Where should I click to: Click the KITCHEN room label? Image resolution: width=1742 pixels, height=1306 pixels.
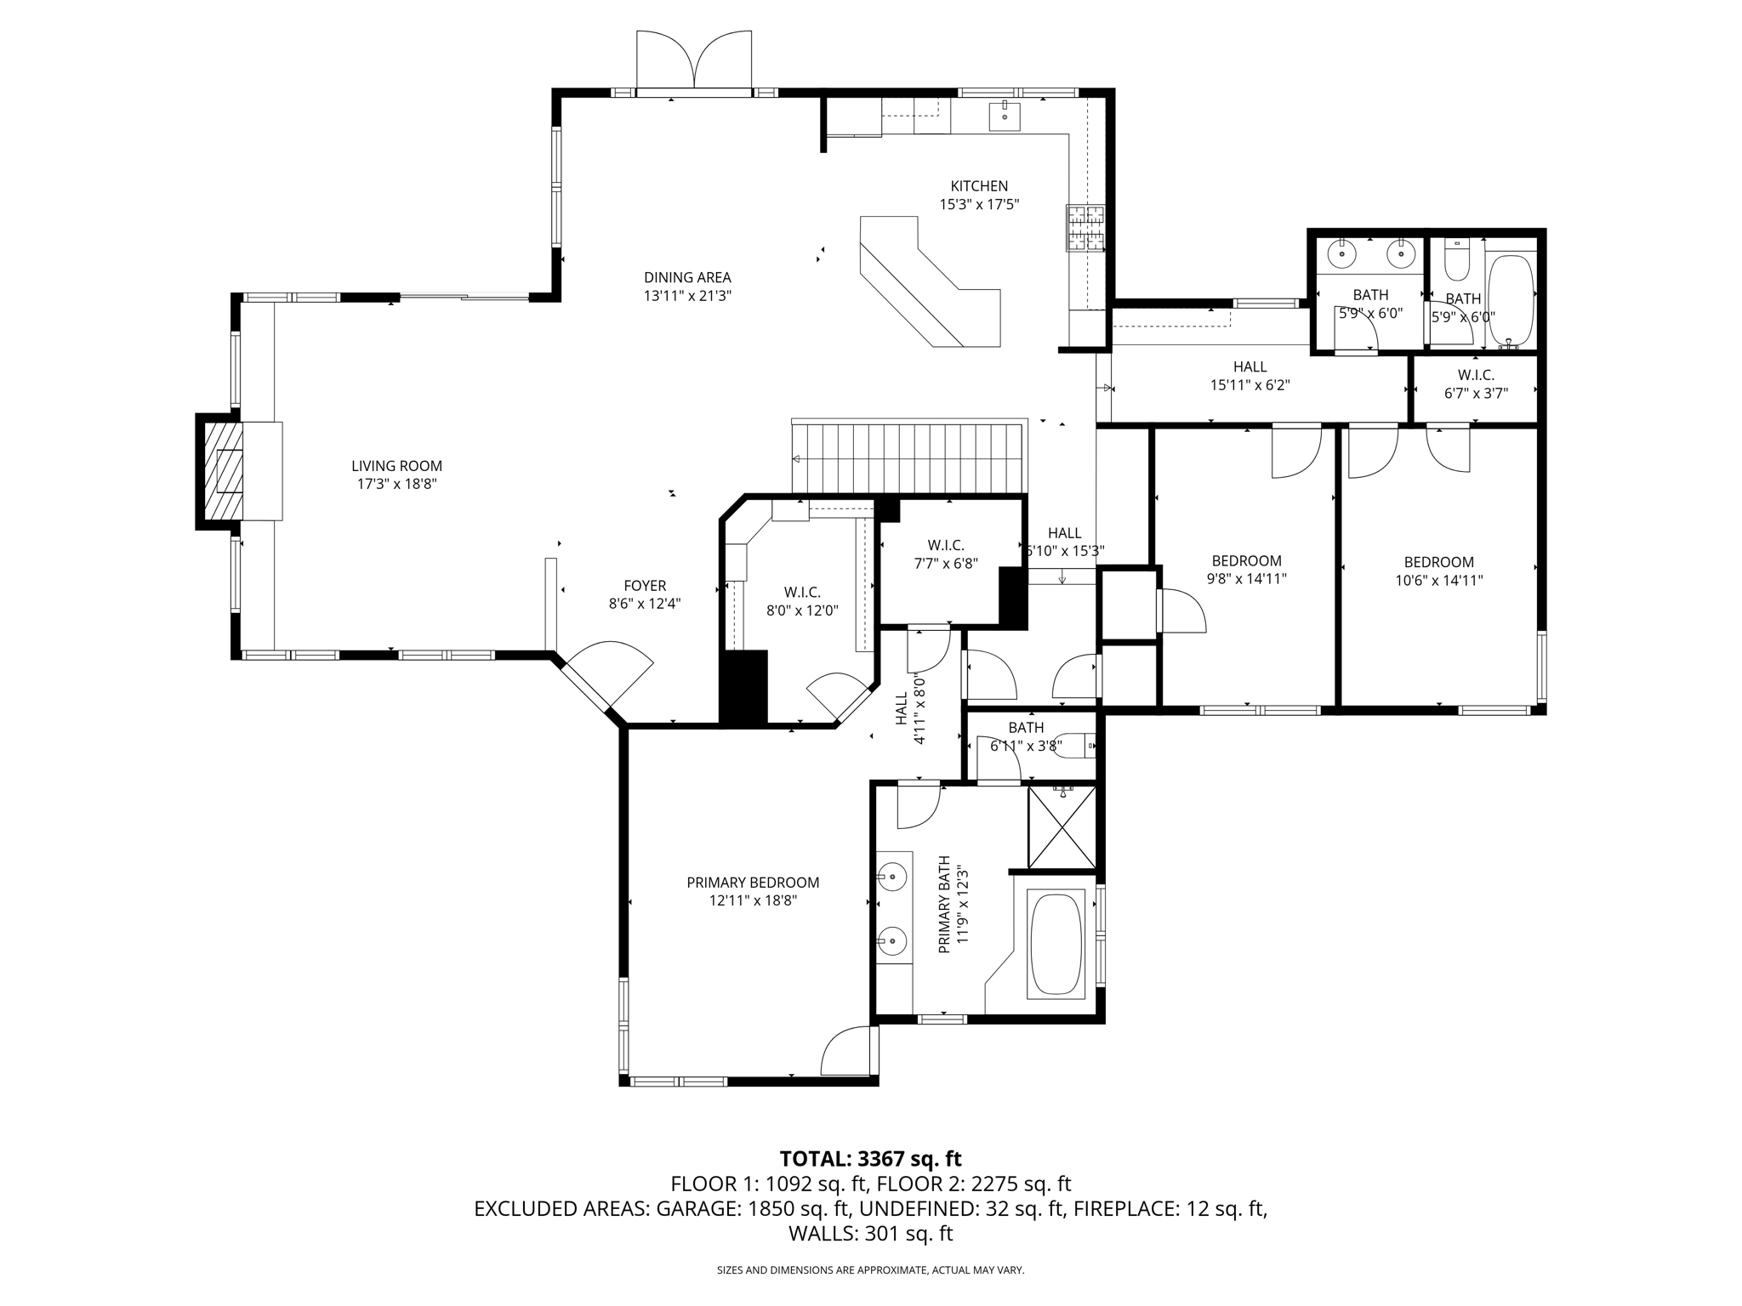point(979,186)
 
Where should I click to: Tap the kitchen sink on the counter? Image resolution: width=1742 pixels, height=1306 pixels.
point(1005,116)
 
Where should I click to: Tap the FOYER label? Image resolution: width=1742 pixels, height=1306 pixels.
point(645,586)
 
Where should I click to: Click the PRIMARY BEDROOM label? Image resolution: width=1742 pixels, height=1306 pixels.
point(753,883)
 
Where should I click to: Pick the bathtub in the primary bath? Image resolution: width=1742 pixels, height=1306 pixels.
point(1056,944)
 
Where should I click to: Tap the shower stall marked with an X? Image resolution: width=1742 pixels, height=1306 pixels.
point(1062,826)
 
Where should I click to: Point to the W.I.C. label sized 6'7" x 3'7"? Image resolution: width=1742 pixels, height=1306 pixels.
point(1476,375)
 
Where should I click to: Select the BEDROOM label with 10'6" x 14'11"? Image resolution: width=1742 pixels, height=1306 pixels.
point(1438,562)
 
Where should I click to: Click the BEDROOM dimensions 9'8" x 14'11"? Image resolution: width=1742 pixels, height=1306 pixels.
point(1246,580)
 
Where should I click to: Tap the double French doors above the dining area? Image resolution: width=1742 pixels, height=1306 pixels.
point(694,61)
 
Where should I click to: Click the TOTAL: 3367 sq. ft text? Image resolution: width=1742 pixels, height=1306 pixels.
point(870,1158)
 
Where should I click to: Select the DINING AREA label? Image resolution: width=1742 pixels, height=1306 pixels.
point(687,277)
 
